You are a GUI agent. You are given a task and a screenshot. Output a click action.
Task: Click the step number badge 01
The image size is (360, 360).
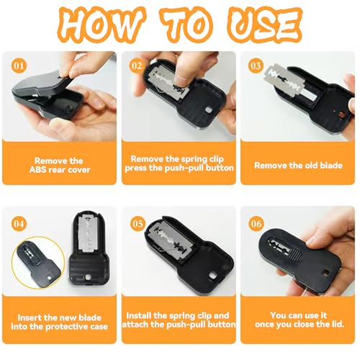click(x=19, y=66)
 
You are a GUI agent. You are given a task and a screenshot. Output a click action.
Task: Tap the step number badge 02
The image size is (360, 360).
click(x=137, y=66)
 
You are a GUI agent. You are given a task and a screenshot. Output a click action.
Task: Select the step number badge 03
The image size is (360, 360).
click(x=256, y=66)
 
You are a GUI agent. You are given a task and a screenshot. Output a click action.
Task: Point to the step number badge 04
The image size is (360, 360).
click(x=19, y=224)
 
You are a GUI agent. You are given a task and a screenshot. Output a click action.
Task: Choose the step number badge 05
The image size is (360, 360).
click(x=138, y=224)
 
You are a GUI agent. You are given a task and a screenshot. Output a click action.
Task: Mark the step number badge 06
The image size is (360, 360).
click(x=256, y=224)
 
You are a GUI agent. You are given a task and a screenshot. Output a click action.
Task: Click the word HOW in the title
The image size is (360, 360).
click(x=101, y=24)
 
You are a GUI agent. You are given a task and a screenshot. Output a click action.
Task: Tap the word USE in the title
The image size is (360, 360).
click(x=264, y=25)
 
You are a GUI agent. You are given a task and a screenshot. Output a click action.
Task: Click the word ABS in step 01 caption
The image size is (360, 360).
click(x=37, y=170)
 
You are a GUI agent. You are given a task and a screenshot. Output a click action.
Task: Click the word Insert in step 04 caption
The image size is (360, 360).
click(x=28, y=318)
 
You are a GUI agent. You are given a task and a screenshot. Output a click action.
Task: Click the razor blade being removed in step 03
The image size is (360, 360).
click(x=284, y=81)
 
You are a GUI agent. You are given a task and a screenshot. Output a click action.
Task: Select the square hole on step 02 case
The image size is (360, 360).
click(x=208, y=109)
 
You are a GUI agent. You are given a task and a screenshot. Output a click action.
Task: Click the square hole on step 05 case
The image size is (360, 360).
click(x=212, y=275)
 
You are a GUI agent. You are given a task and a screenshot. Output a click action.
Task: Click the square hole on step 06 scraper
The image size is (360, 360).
click(x=326, y=273)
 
